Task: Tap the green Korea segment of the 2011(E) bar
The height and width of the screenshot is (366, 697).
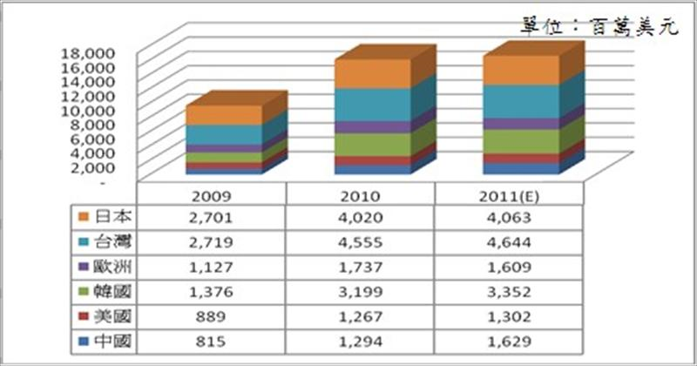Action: coord(522,141)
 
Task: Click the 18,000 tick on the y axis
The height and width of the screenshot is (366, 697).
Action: coord(88,52)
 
